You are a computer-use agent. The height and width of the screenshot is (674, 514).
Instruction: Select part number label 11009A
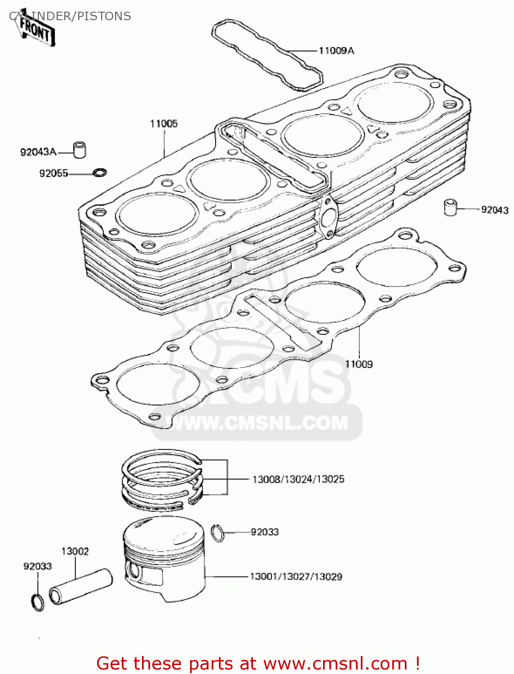336,51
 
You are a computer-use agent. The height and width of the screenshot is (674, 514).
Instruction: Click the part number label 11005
164,124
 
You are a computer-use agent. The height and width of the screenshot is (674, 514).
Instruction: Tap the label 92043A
38,152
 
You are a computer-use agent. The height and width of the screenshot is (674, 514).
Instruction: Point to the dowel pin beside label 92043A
80,150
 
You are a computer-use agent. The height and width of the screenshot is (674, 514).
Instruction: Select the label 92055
53,173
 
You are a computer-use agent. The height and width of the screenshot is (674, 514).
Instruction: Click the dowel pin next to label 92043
450,207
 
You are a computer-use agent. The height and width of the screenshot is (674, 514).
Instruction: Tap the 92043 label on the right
494,210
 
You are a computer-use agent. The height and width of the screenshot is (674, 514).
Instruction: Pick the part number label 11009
359,364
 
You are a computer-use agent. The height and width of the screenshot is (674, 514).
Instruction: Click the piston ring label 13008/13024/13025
298,479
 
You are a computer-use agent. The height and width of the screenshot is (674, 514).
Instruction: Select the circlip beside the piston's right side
217,533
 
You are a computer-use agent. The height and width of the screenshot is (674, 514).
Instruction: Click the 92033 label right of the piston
265,532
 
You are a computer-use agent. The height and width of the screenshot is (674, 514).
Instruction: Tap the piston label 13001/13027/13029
296,576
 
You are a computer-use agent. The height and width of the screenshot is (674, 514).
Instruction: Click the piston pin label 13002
75,551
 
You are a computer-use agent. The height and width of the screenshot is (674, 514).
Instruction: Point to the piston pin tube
81,586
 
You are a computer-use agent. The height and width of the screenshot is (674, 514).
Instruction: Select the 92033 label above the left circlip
37,567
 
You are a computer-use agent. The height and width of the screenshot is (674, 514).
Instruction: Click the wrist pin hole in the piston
134,570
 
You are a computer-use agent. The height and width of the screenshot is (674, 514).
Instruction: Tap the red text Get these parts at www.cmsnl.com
258,663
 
